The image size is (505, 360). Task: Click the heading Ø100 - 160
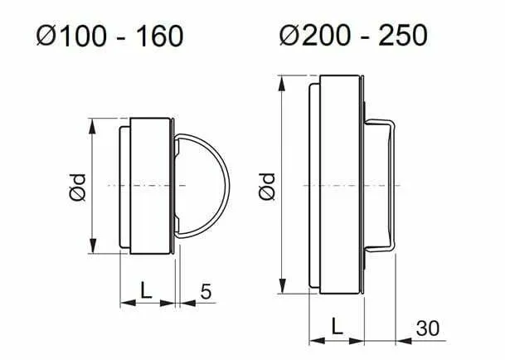click(x=109, y=36)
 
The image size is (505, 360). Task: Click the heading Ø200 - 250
click(x=353, y=35)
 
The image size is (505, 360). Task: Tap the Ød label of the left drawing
click(x=78, y=187)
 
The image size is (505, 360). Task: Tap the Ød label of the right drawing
click(x=267, y=187)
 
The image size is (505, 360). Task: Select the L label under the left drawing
click(x=146, y=290)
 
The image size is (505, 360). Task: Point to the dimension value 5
click(x=206, y=292)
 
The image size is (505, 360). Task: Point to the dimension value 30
click(x=428, y=328)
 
